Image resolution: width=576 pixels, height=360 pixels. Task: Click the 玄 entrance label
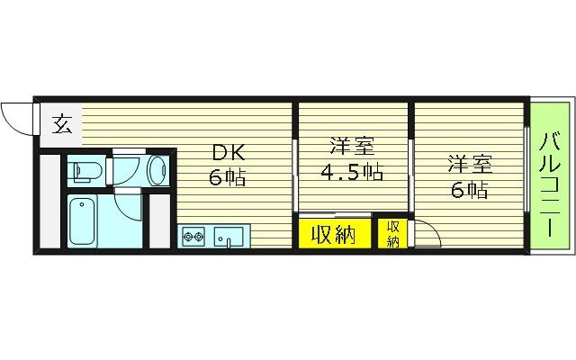(61, 123)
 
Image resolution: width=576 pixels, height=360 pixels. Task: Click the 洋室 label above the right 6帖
(469, 164)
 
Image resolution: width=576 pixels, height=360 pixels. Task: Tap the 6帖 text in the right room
(469, 189)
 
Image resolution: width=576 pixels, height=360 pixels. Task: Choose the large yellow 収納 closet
(334, 234)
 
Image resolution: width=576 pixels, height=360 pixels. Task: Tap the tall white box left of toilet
(49, 202)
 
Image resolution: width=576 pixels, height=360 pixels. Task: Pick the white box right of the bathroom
(160, 220)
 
